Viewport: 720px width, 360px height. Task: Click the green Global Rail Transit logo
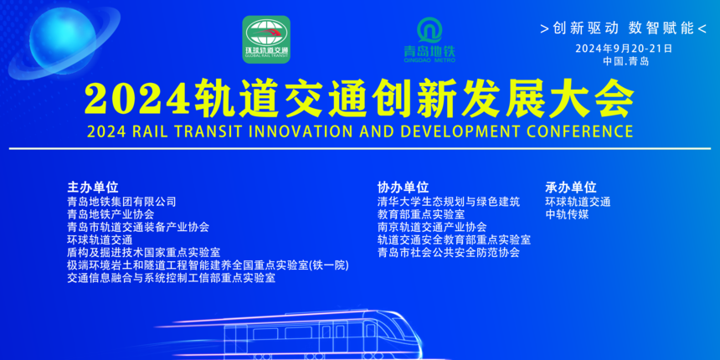266,39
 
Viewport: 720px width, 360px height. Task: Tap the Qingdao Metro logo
429,40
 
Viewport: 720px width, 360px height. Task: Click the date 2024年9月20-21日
624,49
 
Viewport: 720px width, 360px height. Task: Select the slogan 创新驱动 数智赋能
624,28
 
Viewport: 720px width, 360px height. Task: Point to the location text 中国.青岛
626,61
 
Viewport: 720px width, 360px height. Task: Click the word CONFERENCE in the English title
579,131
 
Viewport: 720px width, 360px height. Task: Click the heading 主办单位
93,188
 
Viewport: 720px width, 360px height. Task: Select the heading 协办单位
403,188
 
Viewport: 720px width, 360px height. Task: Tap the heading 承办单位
571,188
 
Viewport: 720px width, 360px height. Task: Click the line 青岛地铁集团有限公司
121,202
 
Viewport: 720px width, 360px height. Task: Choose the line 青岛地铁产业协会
111,214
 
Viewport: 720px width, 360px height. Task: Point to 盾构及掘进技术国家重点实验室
144,253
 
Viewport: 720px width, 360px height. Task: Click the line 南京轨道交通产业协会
432,227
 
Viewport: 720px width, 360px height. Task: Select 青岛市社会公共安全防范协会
449,252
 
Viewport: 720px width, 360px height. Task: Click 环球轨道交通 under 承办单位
578,202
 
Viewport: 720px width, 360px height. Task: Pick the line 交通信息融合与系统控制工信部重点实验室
172,278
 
